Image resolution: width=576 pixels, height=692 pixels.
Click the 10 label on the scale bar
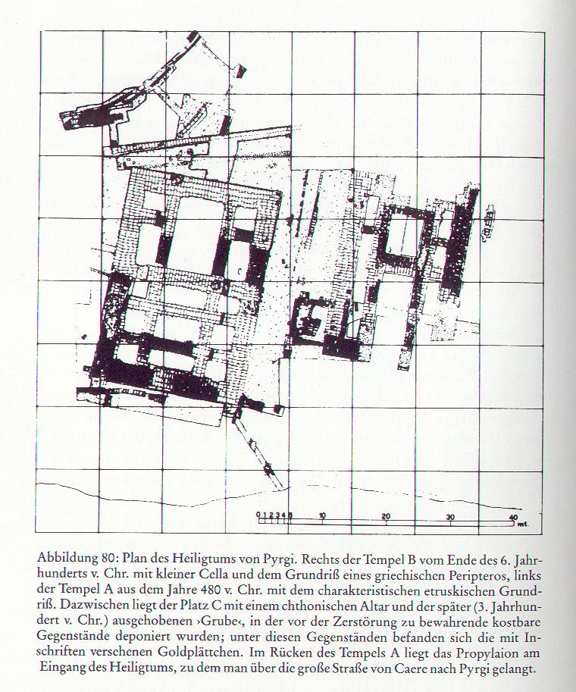pyautogui.click(x=323, y=515)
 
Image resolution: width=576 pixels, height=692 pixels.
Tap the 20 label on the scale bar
pyautogui.click(x=387, y=516)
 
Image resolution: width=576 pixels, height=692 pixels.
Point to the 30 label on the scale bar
pyautogui.click(x=450, y=517)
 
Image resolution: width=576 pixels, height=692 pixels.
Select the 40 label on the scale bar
pyautogui.click(x=513, y=518)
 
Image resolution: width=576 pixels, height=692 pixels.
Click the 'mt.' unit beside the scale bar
pyautogui.click(x=524, y=524)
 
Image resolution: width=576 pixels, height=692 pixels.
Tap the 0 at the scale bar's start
pyautogui.click(x=258, y=514)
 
